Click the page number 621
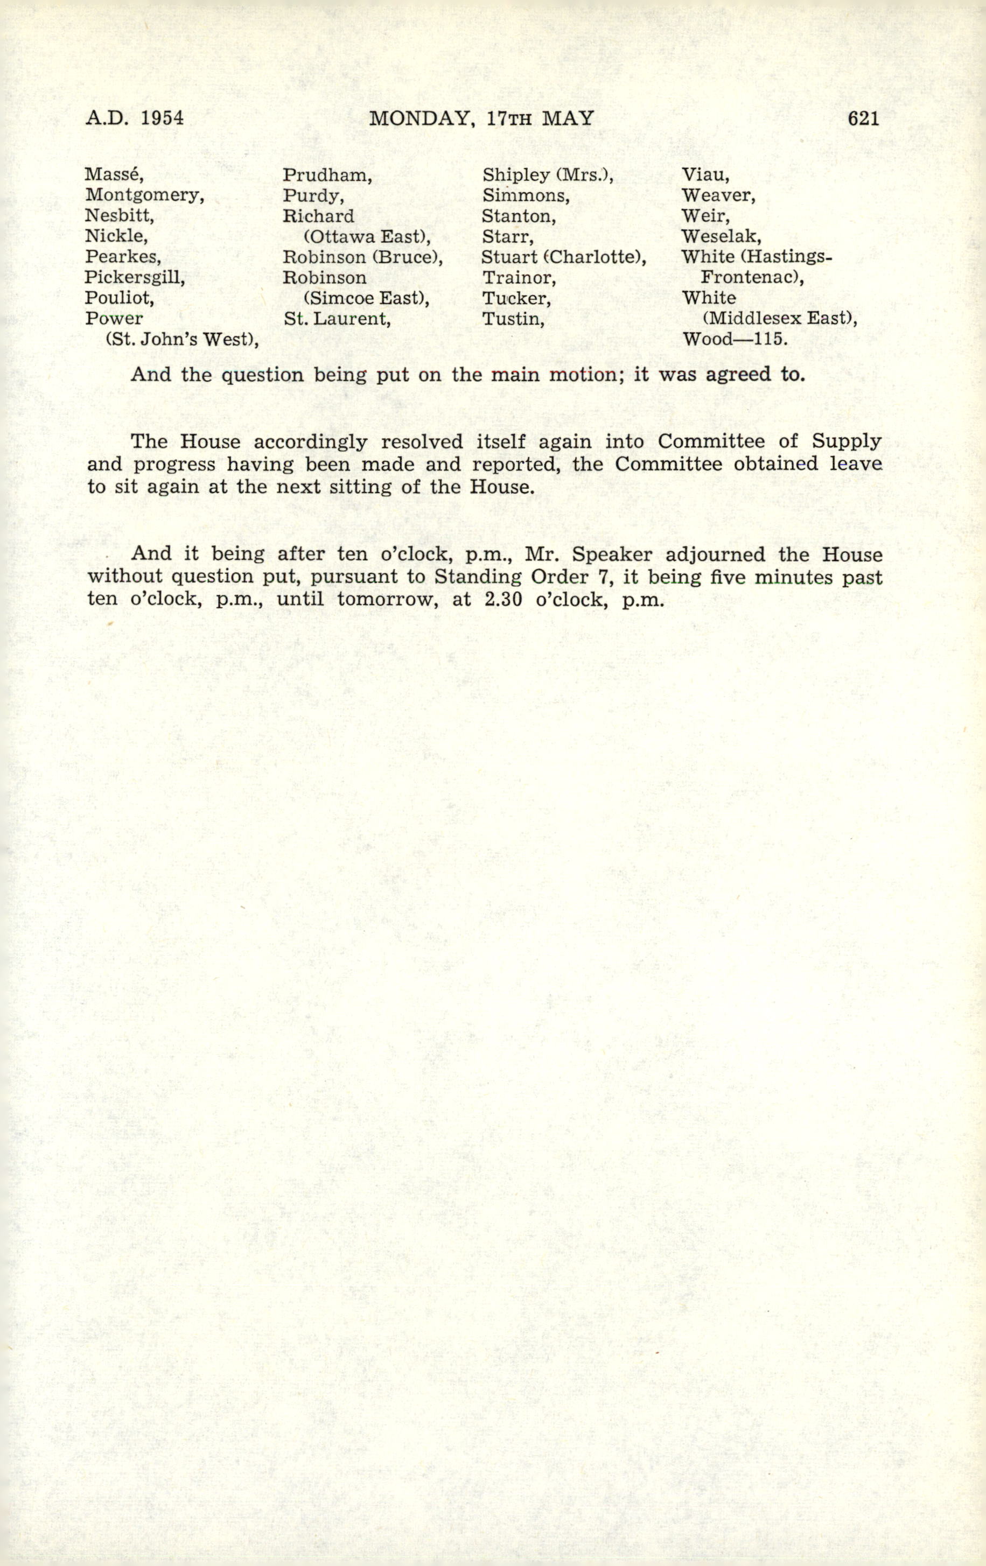coord(863,118)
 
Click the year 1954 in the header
coord(162,118)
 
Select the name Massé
coord(114,175)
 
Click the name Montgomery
coord(144,196)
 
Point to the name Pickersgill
coord(135,278)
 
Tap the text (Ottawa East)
coord(367,237)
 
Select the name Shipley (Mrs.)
coord(548,175)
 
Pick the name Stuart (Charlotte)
coord(563,257)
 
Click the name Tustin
coord(513,319)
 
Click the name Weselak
coord(721,236)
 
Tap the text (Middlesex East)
coord(780,319)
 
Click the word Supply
coord(846,441)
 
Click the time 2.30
coord(504,599)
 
